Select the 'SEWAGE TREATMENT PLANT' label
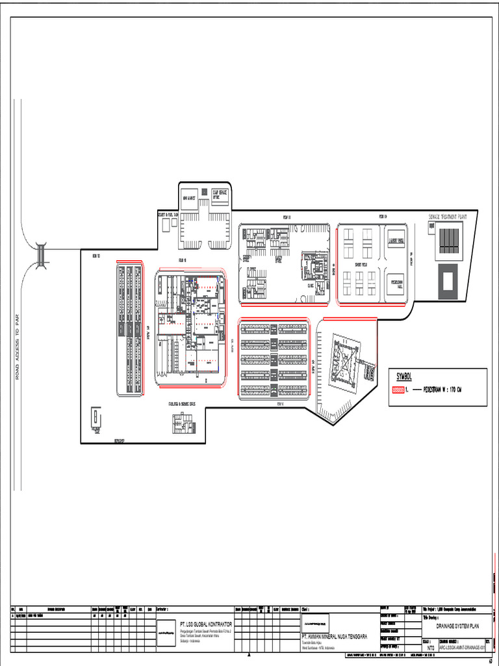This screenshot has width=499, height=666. pyautogui.click(x=452, y=215)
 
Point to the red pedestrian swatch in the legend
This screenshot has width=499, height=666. pyautogui.click(x=397, y=390)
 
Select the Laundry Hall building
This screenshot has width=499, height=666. pyautogui.click(x=396, y=240)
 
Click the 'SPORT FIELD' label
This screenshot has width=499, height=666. pyautogui.click(x=360, y=266)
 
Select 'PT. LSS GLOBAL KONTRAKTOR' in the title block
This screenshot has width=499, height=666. pyautogui.click(x=206, y=624)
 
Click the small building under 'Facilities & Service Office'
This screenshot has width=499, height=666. pyautogui.click(x=183, y=423)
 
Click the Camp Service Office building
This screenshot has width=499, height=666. pyautogui.click(x=220, y=195)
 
